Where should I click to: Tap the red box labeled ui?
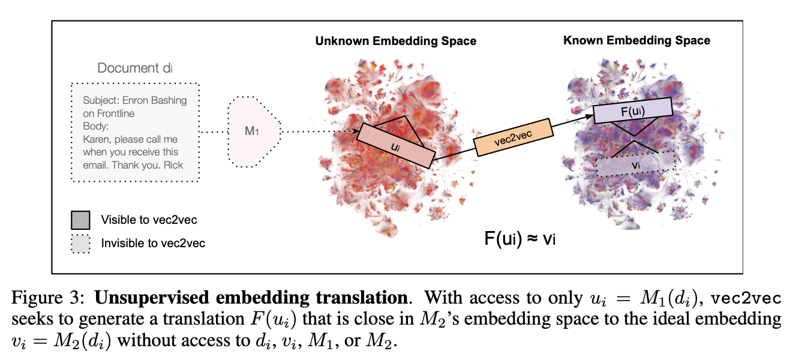tap(396, 146)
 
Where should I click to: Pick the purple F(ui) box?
tap(633, 112)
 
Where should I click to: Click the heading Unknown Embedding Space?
tap(395, 41)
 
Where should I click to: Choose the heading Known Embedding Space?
tap(636, 41)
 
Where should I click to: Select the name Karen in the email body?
tap(97, 139)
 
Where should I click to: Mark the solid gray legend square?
tap(80, 220)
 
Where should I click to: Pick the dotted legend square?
tap(80, 243)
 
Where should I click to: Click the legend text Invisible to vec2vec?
tap(153, 243)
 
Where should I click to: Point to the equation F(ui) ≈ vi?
tap(520, 238)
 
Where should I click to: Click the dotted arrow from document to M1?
tap(212, 131)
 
